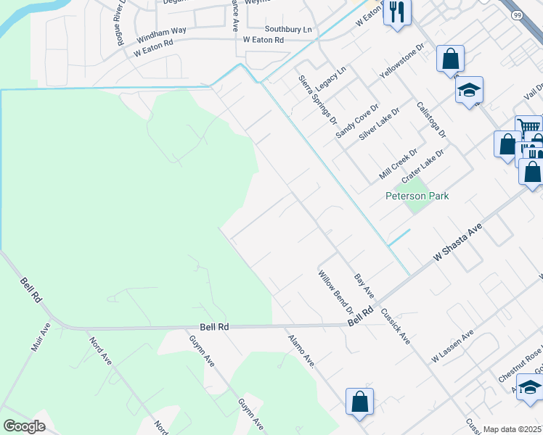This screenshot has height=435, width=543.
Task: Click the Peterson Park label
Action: point(427,196)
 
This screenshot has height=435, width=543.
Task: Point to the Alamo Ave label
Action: point(301,350)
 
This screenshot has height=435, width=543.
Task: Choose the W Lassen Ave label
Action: point(452,345)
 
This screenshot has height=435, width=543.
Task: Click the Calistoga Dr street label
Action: point(431,120)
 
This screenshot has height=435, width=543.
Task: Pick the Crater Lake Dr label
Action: point(422,165)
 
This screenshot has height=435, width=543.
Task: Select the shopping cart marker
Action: point(529,127)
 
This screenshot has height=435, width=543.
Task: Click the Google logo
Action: point(24,426)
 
